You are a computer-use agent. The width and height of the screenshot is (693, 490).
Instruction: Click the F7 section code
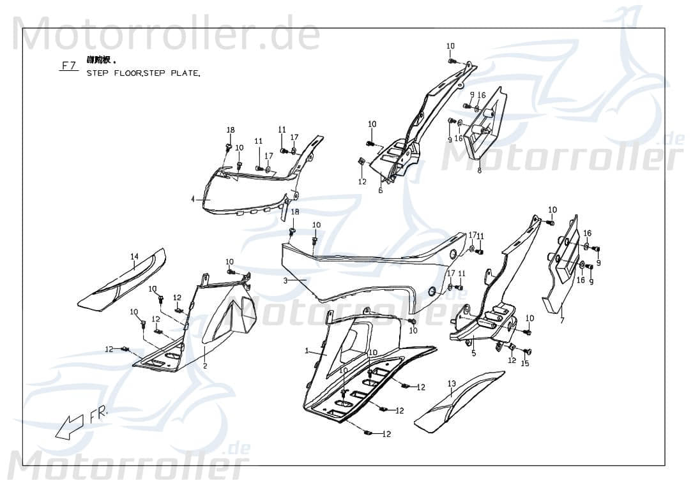point(68,65)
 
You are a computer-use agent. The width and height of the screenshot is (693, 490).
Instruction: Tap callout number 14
point(134,256)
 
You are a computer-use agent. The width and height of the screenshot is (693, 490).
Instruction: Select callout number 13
point(452,383)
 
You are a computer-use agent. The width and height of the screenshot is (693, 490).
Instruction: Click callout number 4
point(192,199)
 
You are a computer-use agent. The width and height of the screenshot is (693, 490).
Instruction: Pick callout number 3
point(286,280)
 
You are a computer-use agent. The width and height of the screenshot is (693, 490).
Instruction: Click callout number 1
point(307,351)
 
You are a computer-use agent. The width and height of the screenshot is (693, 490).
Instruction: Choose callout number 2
point(205,366)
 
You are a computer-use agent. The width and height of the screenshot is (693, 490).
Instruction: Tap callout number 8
point(479,170)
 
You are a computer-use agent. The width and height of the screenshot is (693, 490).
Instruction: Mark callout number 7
point(561,320)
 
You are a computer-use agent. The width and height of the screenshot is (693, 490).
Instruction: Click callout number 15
point(525,364)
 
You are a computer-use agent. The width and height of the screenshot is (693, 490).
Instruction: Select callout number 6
point(381,189)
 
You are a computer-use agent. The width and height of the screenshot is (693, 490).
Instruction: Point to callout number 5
point(473,352)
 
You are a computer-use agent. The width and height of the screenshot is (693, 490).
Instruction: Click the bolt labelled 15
point(528,352)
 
